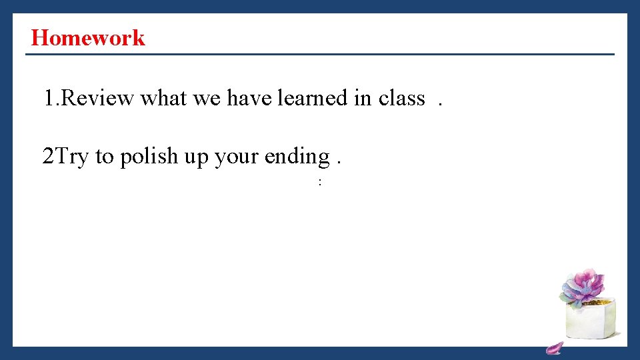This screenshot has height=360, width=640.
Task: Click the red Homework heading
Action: click(x=87, y=37)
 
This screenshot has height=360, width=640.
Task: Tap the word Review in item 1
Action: click(x=99, y=99)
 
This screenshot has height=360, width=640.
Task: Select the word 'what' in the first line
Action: click(x=163, y=99)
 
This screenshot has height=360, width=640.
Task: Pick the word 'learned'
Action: click(x=313, y=99)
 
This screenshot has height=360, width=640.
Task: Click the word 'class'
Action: click(x=401, y=99)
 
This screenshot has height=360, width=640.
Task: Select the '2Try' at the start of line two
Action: click(x=65, y=157)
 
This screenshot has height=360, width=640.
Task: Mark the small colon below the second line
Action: click(x=320, y=182)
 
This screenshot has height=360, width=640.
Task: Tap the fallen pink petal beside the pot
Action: click(x=554, y=347)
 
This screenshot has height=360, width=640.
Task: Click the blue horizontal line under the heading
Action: click(x=320, y=54)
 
